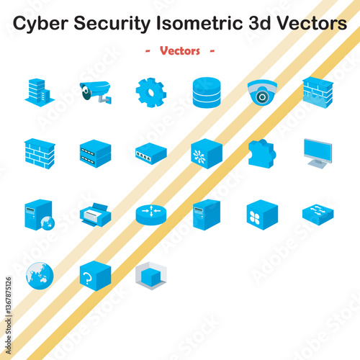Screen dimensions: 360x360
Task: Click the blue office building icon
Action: [39, 92]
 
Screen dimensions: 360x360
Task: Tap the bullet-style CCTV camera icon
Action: [95, 92]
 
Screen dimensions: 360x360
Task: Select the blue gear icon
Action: [150, 93]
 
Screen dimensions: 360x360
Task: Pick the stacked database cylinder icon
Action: [207, 92]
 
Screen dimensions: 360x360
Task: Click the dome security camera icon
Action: [262, 93]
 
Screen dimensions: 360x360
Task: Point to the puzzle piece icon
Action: [262, 153]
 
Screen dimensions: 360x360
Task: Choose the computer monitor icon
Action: [318, 153]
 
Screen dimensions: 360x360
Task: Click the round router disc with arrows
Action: [150, 214]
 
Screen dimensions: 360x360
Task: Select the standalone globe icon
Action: [39, 275]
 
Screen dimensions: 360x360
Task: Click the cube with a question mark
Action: [95, 275]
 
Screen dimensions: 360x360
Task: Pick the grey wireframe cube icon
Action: [150, 275]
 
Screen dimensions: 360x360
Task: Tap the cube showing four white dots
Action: [262, 215]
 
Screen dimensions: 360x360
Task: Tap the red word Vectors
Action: [180, 51]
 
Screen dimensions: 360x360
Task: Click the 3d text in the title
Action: [258, 24]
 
